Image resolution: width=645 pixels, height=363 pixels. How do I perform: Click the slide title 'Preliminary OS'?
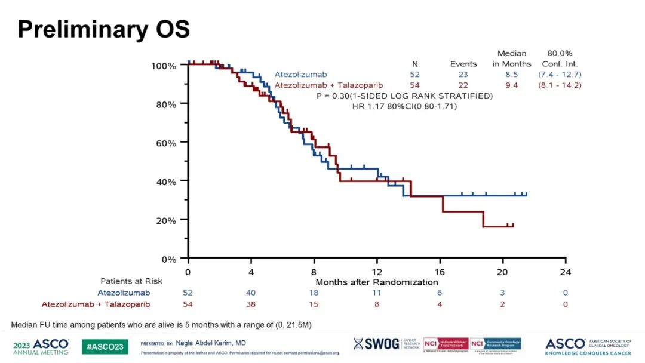click(103, 29)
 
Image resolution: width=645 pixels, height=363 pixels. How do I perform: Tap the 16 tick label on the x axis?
click(440, 272)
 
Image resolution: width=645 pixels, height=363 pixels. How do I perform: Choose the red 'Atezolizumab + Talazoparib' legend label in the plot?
click(328, 85)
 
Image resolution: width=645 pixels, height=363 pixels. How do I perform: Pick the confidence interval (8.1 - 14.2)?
click(560, 85)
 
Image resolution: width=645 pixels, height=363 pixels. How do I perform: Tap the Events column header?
click(463, 64)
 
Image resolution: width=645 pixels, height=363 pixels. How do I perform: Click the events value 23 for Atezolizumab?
click(463, 75)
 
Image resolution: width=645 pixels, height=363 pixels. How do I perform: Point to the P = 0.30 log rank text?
click(404, 96)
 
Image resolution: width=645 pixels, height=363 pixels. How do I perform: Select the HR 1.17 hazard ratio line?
click(404, 106)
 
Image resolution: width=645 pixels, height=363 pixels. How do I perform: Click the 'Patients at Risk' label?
click(131, 281)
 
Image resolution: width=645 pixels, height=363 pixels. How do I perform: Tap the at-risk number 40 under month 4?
click(251, 293)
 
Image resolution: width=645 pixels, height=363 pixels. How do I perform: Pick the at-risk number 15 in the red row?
click(314, 304)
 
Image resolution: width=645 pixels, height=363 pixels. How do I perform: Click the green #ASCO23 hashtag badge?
click(105, 346)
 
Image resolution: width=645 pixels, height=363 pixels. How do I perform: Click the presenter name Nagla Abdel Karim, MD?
click(211, 343)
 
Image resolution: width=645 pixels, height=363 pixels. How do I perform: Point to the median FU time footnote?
click(161, 324)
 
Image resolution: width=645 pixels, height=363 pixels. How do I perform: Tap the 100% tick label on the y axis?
click(162, 66)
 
